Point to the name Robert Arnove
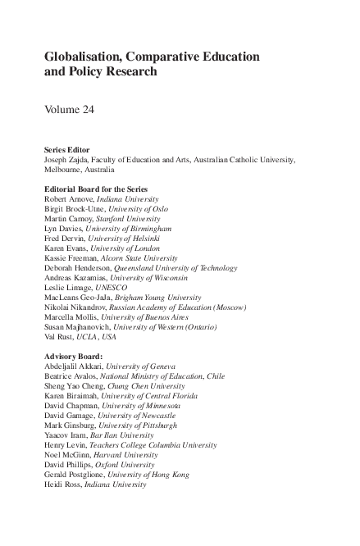click(x=69, y=199)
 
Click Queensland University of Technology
click(x=182, y=268)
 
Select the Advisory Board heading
click(x=75, y=356)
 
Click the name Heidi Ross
click(x=63, y=484)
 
